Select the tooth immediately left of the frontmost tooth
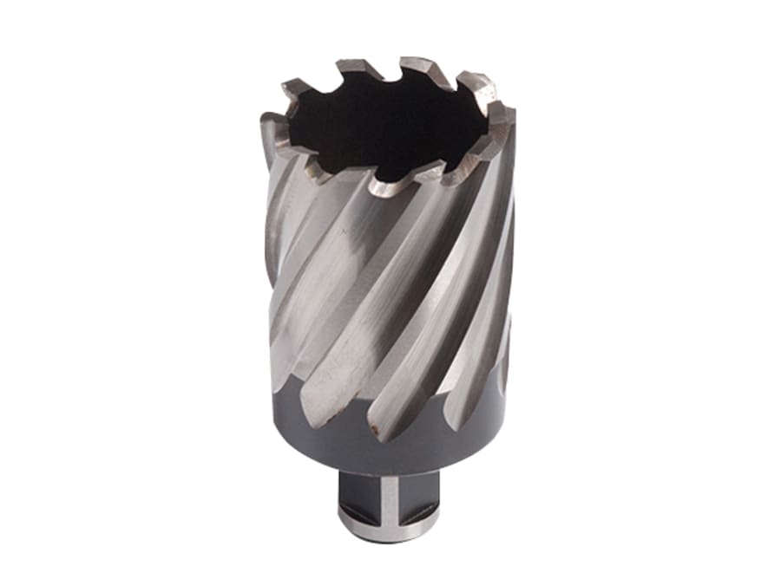323,170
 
